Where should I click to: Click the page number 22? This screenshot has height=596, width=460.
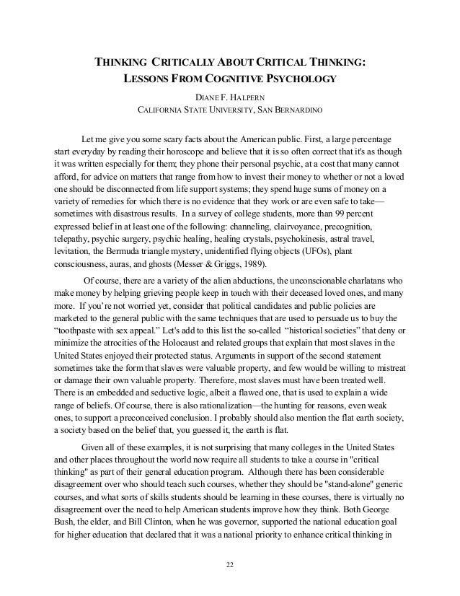point(230,564)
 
